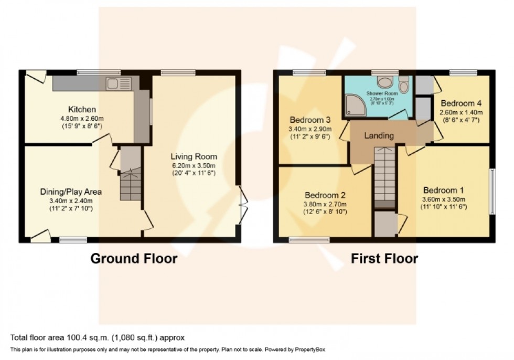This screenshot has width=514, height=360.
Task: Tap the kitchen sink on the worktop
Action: click(x=113, y=82)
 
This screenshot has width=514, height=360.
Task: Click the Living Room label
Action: click(x=194, y=156)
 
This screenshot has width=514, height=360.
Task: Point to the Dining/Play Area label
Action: click(x=71, y=192)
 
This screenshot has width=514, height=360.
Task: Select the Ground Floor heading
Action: click(x=134, y=258)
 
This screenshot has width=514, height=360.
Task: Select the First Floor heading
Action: click(x=384, y=258)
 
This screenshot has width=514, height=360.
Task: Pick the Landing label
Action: click(x=379, y=135)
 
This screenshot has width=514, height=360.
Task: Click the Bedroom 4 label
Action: click(x=461, y=103)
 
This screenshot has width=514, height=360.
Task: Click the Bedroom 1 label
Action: click(x=444, y=190)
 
